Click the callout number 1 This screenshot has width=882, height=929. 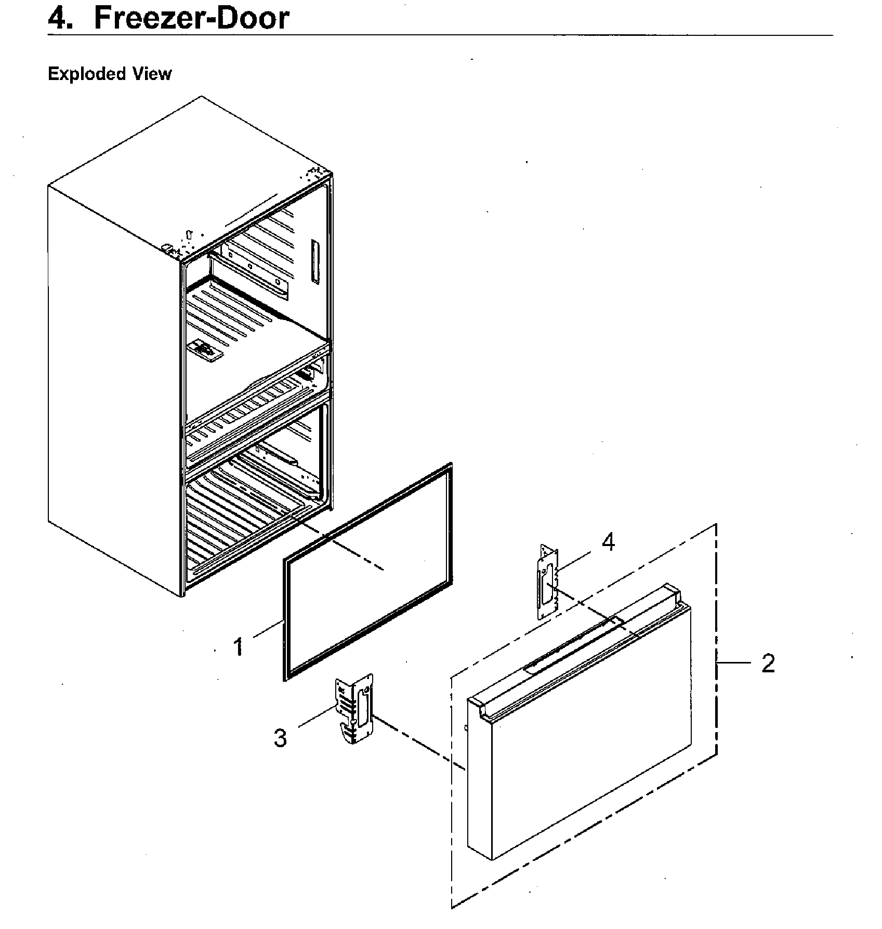tap(238, 647)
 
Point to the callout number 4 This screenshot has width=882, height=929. tap(608, 542)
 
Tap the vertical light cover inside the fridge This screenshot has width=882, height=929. tap(314, 261)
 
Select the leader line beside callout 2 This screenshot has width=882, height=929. tap(734, 663)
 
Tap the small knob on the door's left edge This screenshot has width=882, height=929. tap(466, 727)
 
